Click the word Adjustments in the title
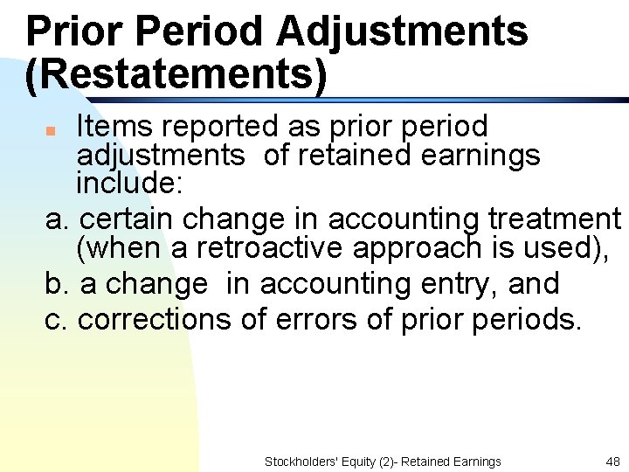click(402, 31)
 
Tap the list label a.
click(56, 218)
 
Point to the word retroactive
click(269, 249)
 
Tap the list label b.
click(56, 283)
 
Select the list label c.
click(56, 320)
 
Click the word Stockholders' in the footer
click(297, 462)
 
